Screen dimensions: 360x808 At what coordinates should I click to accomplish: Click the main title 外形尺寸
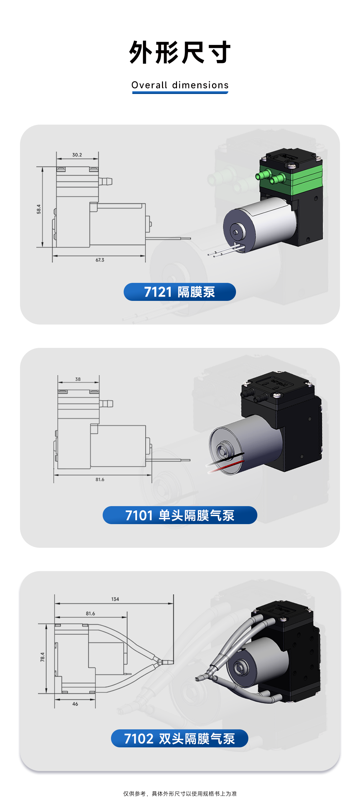(180, 52)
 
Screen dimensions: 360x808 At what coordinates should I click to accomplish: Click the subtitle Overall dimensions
(180, 85)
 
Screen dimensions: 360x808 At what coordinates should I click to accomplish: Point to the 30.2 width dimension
(77, 155)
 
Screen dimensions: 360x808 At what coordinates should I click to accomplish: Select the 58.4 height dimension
(39, 209)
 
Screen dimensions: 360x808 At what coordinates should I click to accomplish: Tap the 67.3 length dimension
(100, 260)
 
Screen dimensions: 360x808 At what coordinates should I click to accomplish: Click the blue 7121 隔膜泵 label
(180, 292)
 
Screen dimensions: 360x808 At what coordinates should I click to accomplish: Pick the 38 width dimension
(78, 379)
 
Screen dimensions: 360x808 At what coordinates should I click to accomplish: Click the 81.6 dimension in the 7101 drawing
(100, 479)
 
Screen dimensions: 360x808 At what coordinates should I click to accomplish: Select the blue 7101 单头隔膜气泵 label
(180, 515)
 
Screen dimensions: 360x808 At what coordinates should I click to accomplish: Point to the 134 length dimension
(115, 599)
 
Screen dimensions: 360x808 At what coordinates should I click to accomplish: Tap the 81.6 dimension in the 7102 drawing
(90, 613)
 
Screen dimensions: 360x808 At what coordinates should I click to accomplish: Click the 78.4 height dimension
(42, 657)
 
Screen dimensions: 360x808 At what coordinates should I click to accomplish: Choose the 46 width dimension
(75, 704)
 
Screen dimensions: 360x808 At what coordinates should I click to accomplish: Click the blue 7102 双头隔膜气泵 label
(180, 738)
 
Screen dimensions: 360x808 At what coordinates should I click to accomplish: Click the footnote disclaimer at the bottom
(180, 794)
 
